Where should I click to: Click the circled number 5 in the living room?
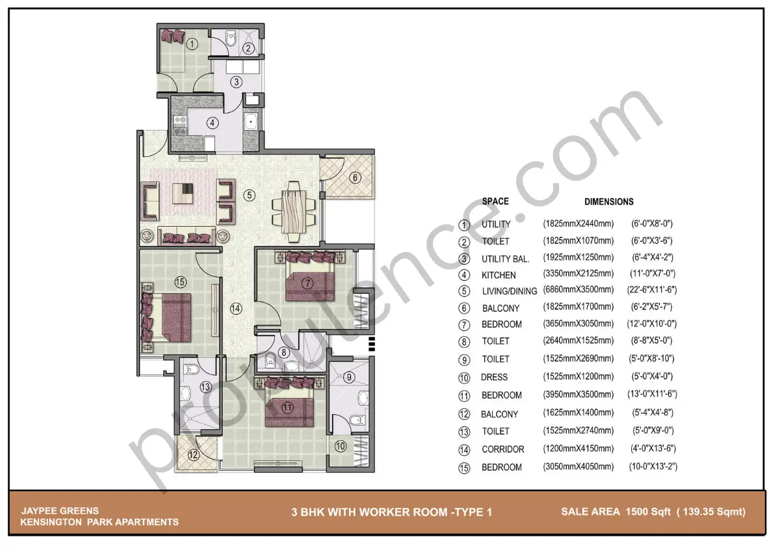pos(249,194)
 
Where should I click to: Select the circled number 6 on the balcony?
pos(355,177)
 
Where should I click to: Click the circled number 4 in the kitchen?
pos(212,122)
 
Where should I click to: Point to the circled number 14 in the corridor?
pos(235,309)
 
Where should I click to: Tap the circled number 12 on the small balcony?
pos(192,454)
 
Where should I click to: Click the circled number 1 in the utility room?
pos(192,44)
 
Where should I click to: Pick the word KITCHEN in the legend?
pos(499,275)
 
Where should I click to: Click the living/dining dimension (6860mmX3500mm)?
pos(578,290)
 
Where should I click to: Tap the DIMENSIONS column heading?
pos(608,202)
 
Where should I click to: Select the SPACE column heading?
pos(495,202)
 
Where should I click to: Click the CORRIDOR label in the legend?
pos(502,449)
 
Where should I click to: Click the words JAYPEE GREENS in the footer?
pos(49,510)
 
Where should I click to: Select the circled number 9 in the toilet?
pos(348,376)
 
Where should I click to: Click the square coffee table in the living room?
pos(184,194)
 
